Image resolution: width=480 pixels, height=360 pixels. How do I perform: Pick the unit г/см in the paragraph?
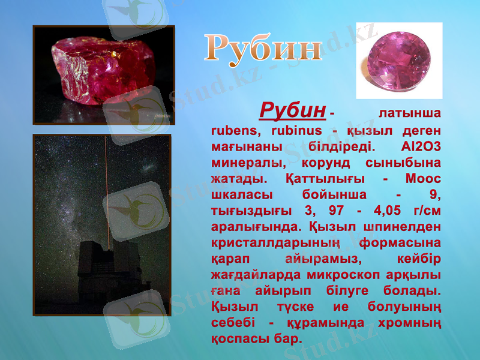click(424, 211)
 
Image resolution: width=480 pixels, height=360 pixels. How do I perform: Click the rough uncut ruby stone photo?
click(103, 73)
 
